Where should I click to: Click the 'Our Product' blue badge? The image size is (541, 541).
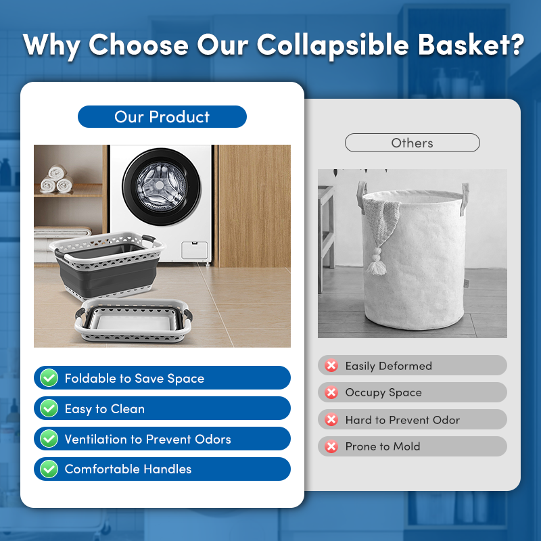tap(162, 116)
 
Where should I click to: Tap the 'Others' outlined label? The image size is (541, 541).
tap(413, 143)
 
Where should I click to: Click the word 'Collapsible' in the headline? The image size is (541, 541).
tap(333, 45)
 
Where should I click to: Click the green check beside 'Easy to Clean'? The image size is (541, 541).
tap(49, 408)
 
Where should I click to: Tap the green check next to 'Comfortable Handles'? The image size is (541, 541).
tap(49, 469)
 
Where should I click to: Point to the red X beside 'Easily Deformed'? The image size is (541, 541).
tap(331, 365)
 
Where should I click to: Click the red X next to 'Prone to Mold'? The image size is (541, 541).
tap(331, 446)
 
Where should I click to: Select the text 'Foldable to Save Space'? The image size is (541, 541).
tap(135, 379)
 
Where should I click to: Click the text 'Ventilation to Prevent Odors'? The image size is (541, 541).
tap(147, 439)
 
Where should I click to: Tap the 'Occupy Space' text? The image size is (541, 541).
tap(383, 393)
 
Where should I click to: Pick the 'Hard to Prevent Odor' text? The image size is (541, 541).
tap(402, 420)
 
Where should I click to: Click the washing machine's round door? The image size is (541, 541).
tap(162, 187)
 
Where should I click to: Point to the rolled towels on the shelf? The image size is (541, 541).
tap(57, 179)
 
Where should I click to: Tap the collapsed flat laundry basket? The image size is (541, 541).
tap(133, 321)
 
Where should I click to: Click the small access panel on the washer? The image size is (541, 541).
tap(195, 250)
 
